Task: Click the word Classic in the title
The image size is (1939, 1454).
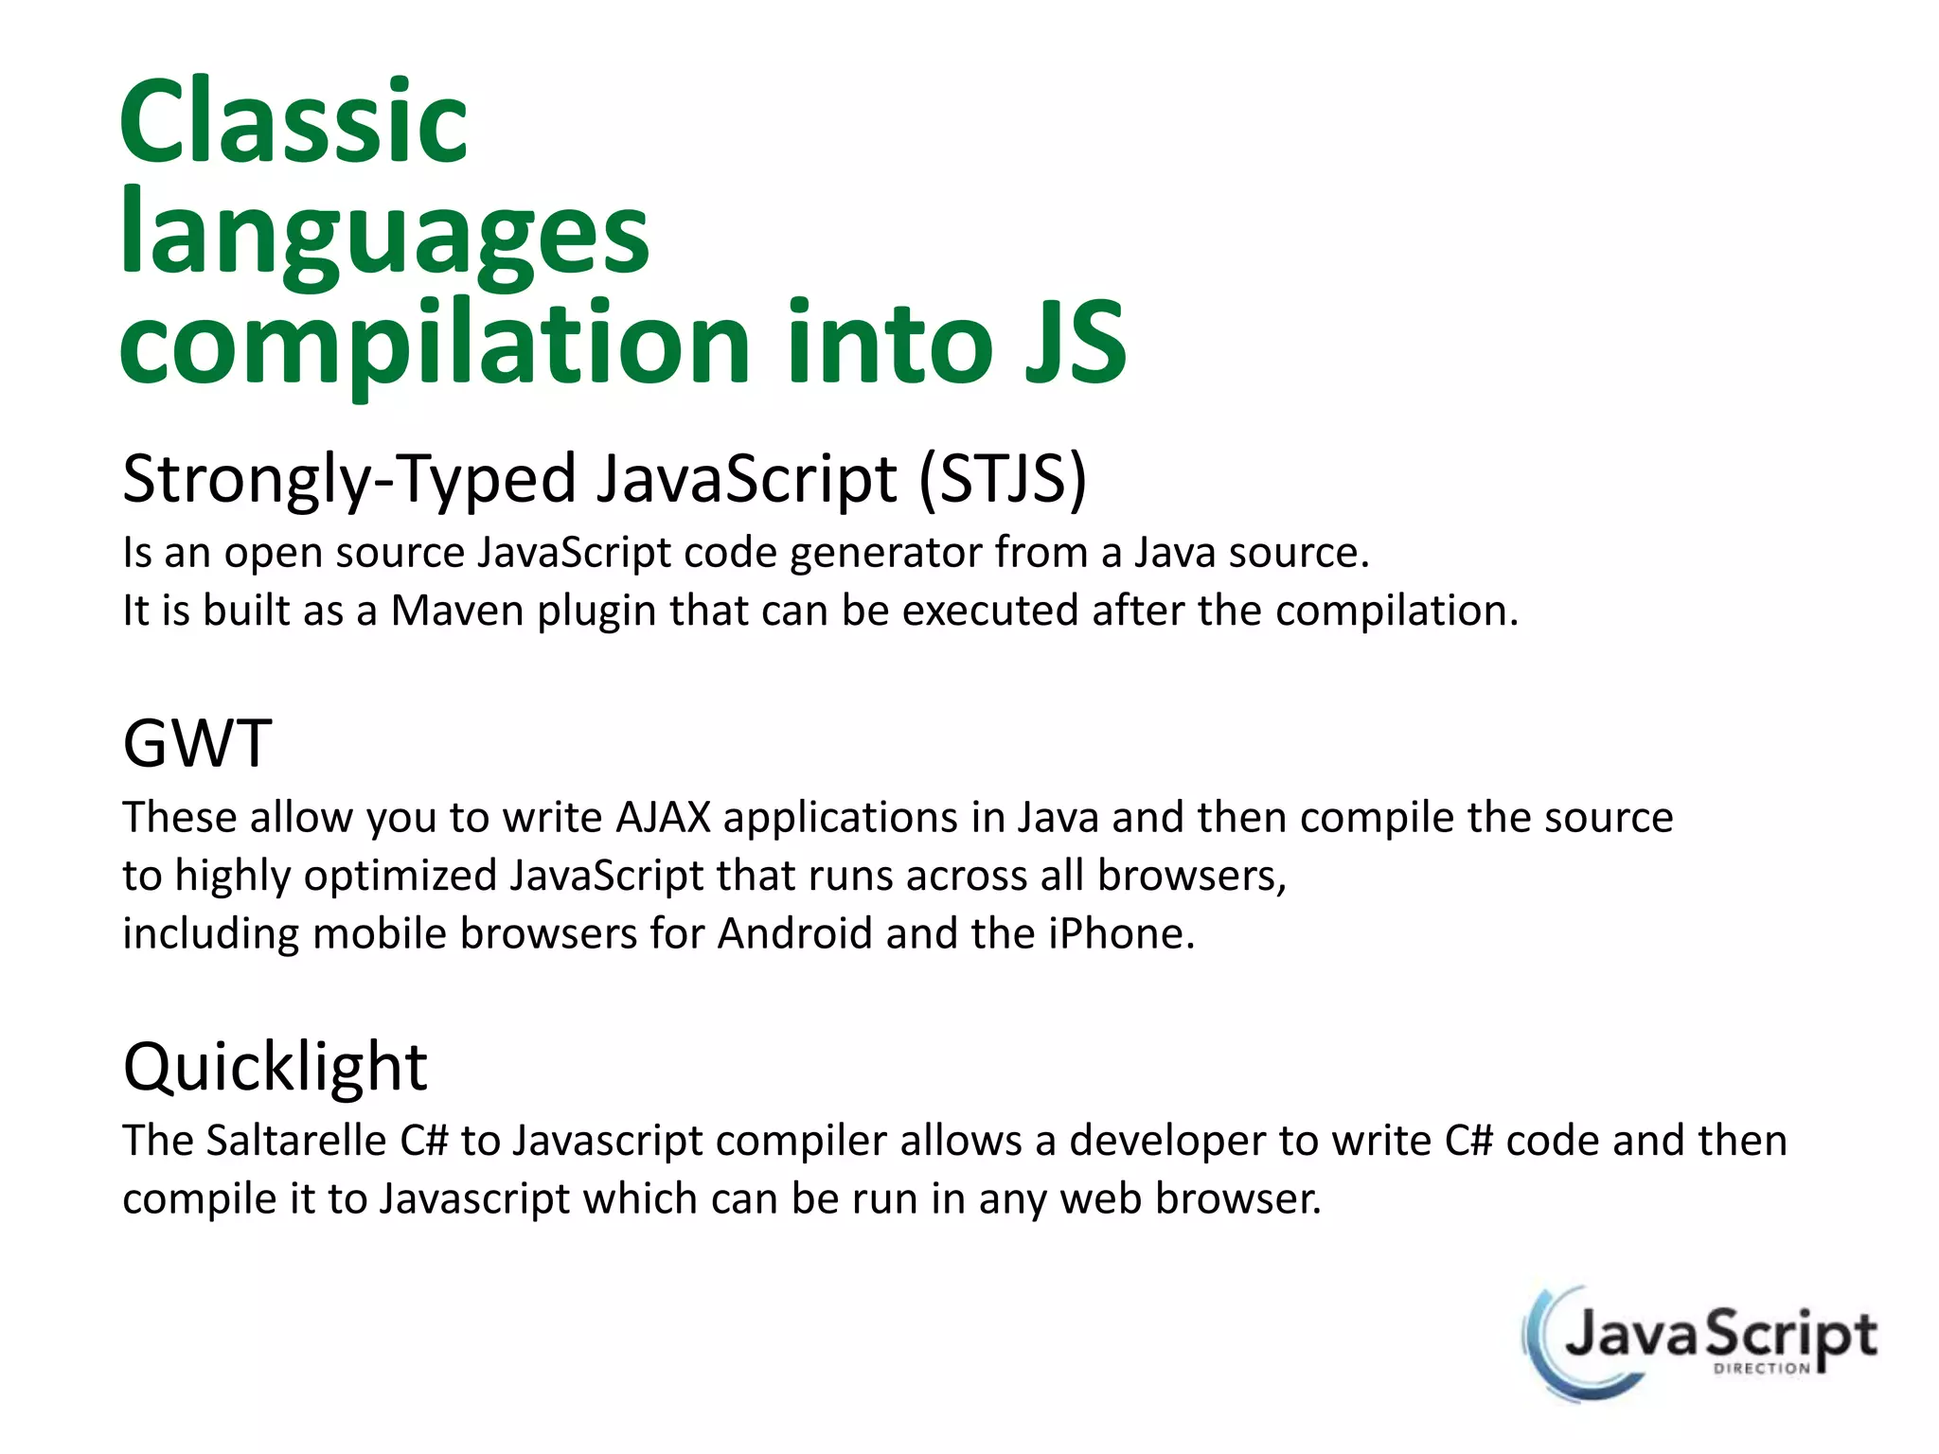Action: [x=294, y=123]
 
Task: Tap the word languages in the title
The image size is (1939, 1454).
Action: [x=384, y=235]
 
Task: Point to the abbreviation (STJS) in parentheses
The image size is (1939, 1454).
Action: [x=1004, y=479]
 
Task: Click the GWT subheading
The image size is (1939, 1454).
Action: [x=198, y=744]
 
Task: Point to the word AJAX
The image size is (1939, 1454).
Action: [x=663, y=818]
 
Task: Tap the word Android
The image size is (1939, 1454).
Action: [x=794, y=934]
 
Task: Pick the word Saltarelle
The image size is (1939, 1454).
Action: [x=296, y=1141]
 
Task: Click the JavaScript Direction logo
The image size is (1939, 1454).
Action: [x=1700, y=1341]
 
